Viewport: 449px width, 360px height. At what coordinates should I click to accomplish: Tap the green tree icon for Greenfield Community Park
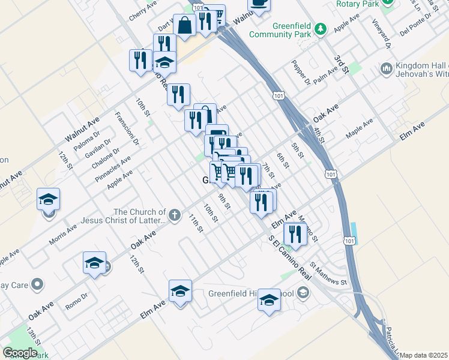[321, 28]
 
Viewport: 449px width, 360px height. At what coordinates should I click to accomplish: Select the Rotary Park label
[359, 3]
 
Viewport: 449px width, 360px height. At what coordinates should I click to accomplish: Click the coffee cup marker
[259, 4]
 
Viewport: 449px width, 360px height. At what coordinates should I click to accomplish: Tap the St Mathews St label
[328, 272]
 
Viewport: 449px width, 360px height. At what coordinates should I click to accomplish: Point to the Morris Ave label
[63, 235]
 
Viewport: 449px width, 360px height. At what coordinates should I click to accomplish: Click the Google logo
[20, 353]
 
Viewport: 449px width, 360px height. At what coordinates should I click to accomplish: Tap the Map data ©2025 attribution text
[424, 355]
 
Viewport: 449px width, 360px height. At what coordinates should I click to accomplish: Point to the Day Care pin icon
[37, 283]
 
